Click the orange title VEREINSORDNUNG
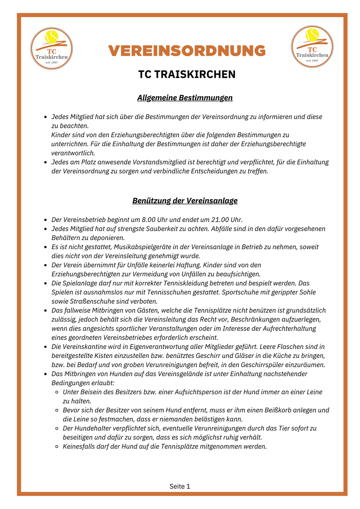coord(187,51)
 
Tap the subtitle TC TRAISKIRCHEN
coord(187,75)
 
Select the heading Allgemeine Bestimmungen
coord(185,98)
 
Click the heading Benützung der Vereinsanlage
coord(185,201)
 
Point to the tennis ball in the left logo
coord(52,37)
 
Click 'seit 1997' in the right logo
coord(312,60)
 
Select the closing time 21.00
coord(222,220)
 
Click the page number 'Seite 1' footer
coord(180,486)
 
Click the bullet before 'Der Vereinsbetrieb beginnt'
coord(45,220)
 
